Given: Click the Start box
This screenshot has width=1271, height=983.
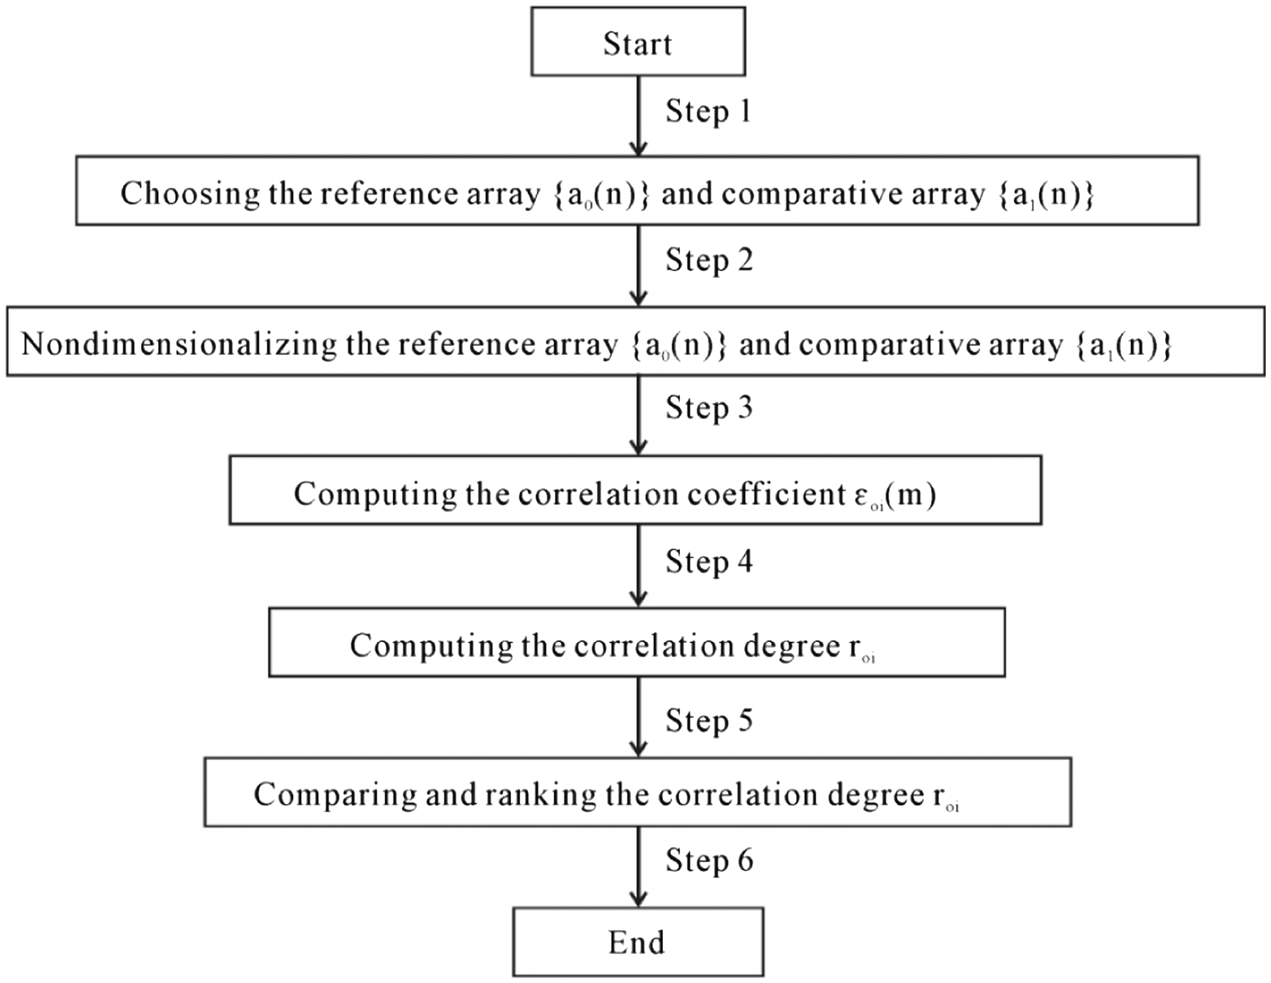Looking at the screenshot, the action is pyautogui.click(x=638, y=42).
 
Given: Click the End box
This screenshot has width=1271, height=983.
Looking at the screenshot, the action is pyautogui.click(x=638, y=941).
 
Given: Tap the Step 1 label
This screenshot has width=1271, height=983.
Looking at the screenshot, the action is pyautogui.click(x=708, y=112).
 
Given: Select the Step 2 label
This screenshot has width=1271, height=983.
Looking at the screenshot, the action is pyautogui.click(x=709, y=260).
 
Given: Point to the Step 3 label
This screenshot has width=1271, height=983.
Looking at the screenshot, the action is pyautogui.click(x=709, y=408).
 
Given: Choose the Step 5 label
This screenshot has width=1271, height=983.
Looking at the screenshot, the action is pyautogui.click(x=709, y=721).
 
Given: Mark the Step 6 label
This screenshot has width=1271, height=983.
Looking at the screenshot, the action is pyautogui.click(x=709, y=861).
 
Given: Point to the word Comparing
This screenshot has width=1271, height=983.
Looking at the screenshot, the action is pyautogui.click(x=335, y=796).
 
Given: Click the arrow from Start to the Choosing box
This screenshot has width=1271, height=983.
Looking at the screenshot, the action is pyautogui.click(x=638, y=116).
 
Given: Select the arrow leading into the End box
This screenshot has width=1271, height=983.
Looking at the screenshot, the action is pyautogui.click(x=638, y=867).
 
